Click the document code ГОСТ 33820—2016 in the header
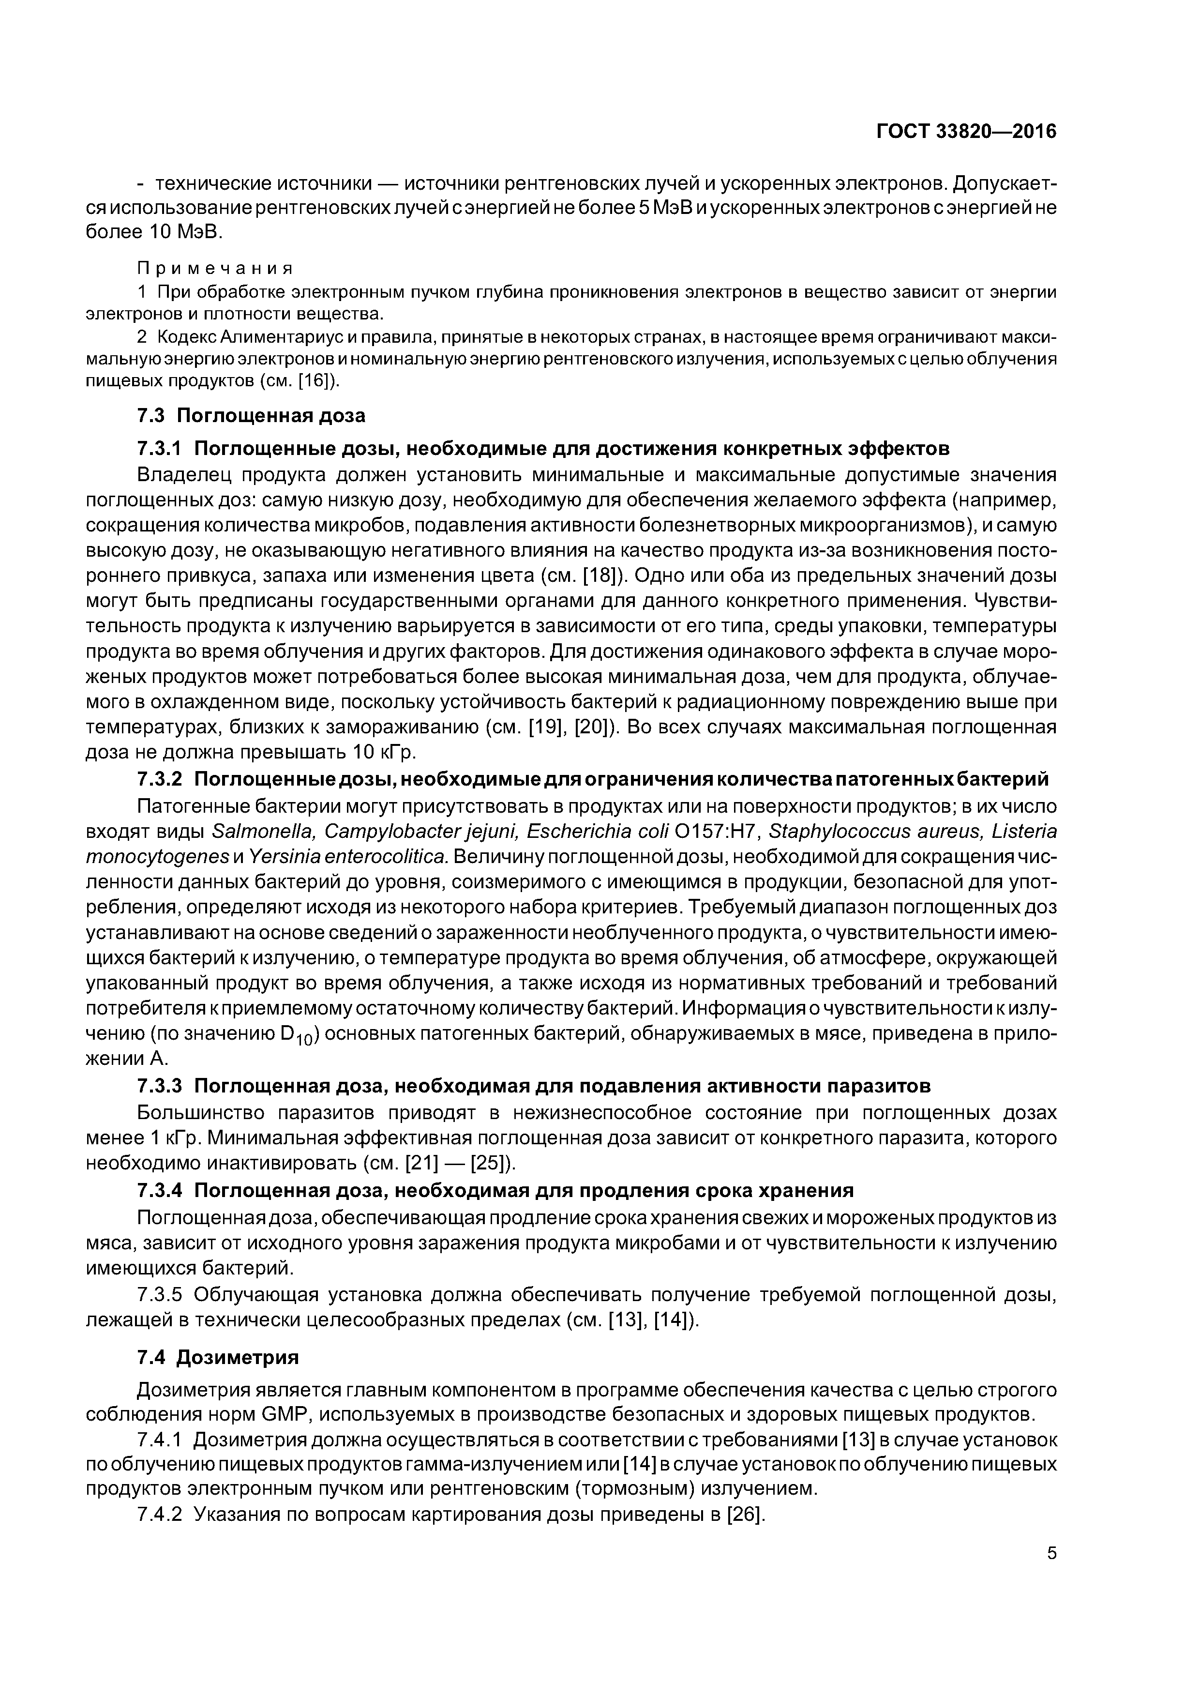point(966,132)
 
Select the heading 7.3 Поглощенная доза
point(252,416)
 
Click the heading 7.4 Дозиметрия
point(218,1357)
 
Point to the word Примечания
point(215,268)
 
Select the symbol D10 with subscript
point(299,1037)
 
